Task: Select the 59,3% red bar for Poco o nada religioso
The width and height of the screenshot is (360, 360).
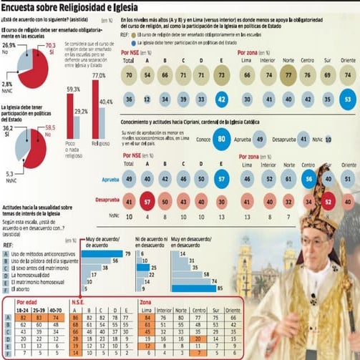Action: click(x=70, y=114)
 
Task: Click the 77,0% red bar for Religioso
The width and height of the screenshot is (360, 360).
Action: click(x=95, y=107)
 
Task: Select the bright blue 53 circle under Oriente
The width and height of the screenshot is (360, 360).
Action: click(x=347, y=99)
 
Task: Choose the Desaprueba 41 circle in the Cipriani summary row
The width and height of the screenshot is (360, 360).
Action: click(x=303, y=140)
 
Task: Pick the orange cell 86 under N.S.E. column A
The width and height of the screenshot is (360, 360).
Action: click(x=74, y=318)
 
